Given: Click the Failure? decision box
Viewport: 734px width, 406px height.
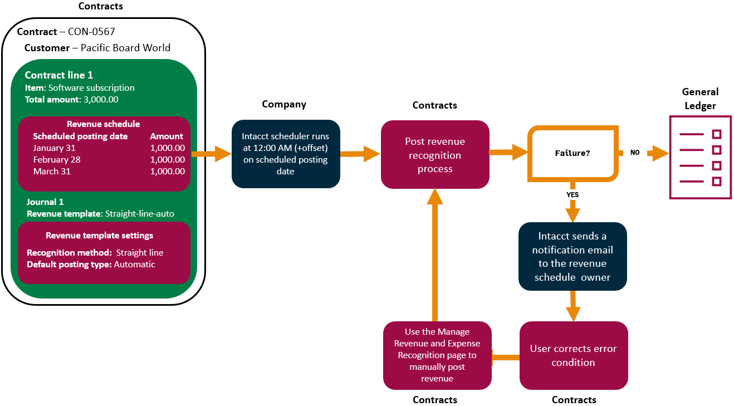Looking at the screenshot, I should (x=573, y=153).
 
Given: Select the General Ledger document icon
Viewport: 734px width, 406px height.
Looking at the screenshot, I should (x=700, y=157).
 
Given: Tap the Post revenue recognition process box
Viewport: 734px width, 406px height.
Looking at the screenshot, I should (x=435, y=155).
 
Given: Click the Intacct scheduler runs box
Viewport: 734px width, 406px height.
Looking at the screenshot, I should (x=286, y=154).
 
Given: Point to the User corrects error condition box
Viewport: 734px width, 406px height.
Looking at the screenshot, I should (x=573, y=355).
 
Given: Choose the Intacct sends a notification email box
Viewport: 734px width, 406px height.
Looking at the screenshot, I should (x=572, y=257).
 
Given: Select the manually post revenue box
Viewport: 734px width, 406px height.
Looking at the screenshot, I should (x=437, y=355).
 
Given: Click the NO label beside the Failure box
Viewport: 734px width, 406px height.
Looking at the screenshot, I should (x=635, y=152).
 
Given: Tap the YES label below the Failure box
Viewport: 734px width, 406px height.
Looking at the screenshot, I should (x=572, y=195).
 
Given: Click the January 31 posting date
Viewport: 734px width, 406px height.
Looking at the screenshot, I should (x=54, y=148).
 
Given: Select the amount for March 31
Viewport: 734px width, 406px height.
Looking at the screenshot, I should (x=167, y=172).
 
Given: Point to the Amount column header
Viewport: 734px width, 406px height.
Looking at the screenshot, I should (x=167, y=136).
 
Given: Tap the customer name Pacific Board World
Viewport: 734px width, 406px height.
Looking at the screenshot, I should (x=125, y=48).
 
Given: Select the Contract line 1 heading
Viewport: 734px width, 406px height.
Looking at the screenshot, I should (x=59, y=75).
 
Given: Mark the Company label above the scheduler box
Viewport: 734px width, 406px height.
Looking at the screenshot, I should (x=284, y=104).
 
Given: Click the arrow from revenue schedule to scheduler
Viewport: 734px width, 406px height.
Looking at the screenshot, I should (x=211, y=153).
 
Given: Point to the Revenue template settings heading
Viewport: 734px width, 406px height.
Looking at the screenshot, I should (x=100, y=236).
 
